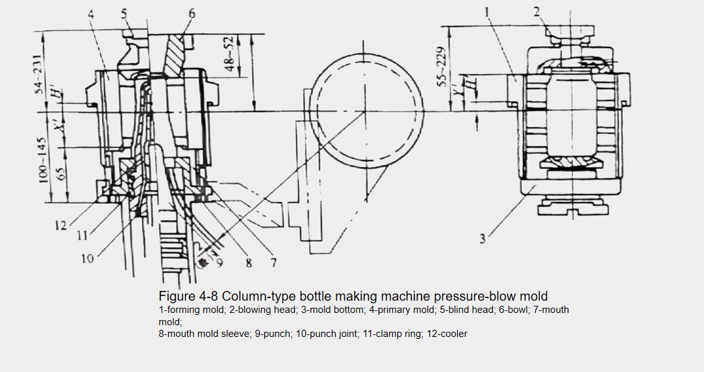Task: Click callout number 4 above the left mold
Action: (x=91, y=14)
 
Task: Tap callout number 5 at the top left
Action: (x=124, y=14)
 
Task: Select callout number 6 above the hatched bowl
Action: (x=192, y=14)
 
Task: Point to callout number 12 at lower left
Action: (x=60, y=225)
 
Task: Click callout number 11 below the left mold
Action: (x=82, y=235)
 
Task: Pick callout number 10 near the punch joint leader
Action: (x=88, y=258)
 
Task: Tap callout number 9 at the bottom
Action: (x=220, y=262)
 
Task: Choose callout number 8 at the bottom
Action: (x=249, y=263)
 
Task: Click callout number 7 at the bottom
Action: (x=273, y=262)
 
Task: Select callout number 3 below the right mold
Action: (x=483, y=239)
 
